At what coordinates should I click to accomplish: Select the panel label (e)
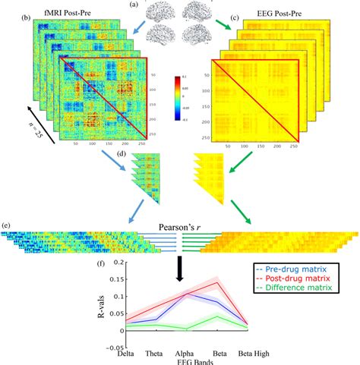(7, 226)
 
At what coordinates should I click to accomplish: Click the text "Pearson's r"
(180, 226)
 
